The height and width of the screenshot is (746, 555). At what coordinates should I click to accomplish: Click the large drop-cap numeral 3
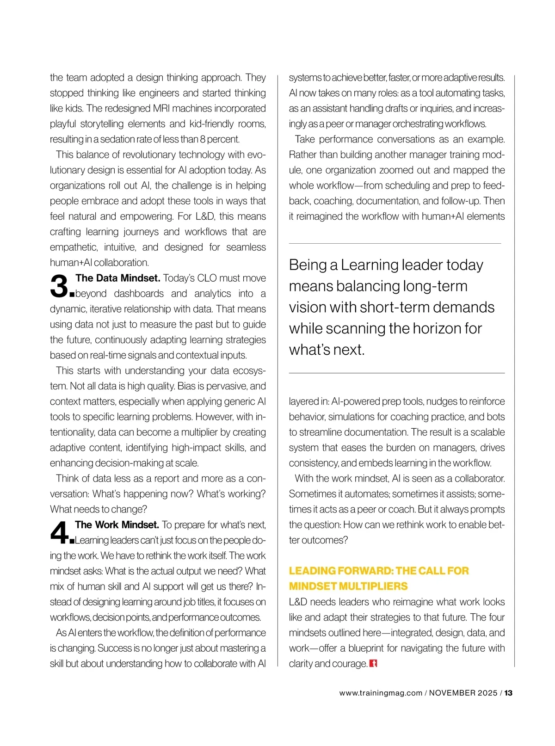click(x=59, y=286)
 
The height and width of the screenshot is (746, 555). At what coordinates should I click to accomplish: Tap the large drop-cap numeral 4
click(x=59, y=533)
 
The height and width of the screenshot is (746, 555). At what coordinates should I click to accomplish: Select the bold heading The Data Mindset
click(x=118, y=278)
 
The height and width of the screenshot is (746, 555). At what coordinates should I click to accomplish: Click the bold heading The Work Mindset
click(x=117, y=525)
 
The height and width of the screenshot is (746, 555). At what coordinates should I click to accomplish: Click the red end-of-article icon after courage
click(x=374, y=663)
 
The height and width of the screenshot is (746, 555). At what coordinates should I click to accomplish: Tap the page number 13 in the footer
click(x=508, y=693)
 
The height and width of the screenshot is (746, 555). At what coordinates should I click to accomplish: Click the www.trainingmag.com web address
click(x=381, y=693)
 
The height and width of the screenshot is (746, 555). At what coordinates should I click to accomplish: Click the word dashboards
click(x=139, y=294)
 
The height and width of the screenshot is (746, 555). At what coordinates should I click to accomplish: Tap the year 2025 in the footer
click(x=488, y=693)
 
